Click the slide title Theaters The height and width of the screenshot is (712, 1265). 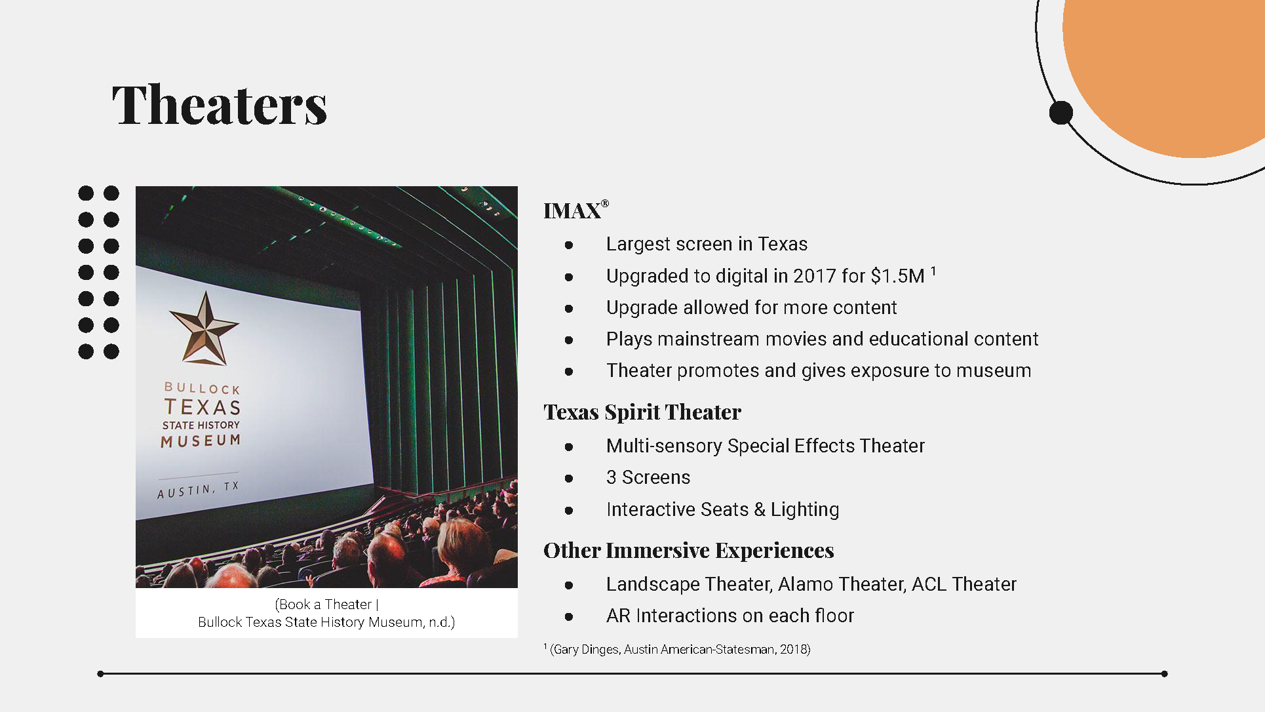click(x=220, y=105)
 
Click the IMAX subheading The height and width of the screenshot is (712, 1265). click(x=572, y=211)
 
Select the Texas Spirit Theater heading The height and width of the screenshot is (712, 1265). click(x=642, y=412)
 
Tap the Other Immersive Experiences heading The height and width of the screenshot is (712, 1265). click(x=689, y=551)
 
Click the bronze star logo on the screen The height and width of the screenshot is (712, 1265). click(x=204, y=328)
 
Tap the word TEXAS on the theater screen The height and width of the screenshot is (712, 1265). click(x=203, y=407)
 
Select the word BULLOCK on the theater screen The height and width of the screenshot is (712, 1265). click(x=202, y=388)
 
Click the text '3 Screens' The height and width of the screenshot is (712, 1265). click(x=648, y=477)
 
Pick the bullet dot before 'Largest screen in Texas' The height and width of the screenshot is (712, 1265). click(x=569, y=245)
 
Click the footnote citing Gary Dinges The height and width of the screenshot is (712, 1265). click(x=677, y=649)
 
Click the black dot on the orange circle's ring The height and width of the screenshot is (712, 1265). click(x=1061, y=113)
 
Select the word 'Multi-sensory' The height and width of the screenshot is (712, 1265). click(x=665, y=446)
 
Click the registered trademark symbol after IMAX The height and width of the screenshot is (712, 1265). click(x=605, y=204)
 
